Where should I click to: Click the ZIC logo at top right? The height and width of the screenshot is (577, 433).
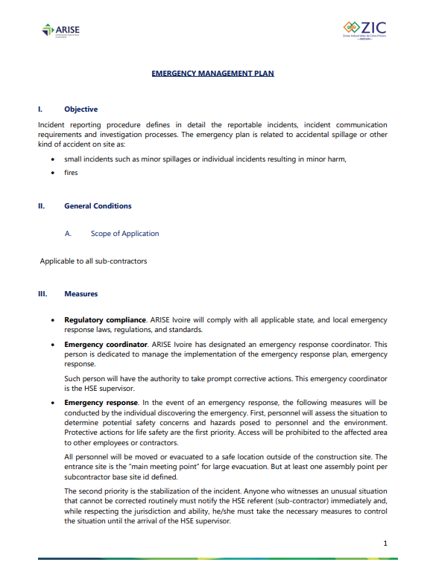(x=364, y=31)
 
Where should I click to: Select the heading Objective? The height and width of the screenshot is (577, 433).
(x=80, y=109)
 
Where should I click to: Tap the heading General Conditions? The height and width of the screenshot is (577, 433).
(x=98, y=206)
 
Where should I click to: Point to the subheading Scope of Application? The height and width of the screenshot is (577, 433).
(x=124, y=234)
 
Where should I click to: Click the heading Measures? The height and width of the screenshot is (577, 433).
(x=80, y=294)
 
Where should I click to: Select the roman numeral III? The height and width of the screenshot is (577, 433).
(x=42, y=294)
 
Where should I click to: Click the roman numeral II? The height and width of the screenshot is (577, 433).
(x=42, y=206)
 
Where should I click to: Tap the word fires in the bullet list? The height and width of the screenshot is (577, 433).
(x=71, y=173)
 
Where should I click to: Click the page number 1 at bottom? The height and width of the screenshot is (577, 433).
(x=385, y=544)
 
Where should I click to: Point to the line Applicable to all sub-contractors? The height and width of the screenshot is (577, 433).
(x=93, y=261)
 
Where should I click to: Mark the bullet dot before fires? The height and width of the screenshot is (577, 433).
(x=51, y=173)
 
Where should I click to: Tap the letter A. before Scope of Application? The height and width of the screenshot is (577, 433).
(x=68, y=234)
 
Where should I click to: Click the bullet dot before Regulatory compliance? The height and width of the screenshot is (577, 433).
(x=51, y=320)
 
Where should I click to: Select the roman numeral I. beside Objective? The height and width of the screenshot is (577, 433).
(x=40, y=109)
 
